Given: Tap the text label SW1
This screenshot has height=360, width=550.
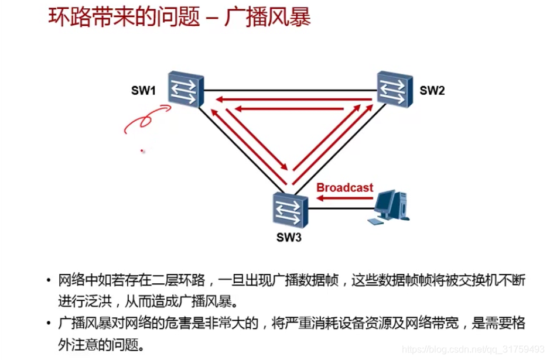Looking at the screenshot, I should tap(144, 91).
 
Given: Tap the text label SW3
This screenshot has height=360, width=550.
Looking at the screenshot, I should tap(289, 238).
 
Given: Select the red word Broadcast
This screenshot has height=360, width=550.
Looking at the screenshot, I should tap(344, 187).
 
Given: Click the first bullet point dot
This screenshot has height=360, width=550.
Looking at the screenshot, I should tap(49, 280).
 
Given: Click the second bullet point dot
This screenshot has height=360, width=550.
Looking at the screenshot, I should tap(49, 323).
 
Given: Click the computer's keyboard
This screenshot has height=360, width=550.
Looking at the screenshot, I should tap(375, 222).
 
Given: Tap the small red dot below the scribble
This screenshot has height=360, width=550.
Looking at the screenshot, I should tap(142, 152).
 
